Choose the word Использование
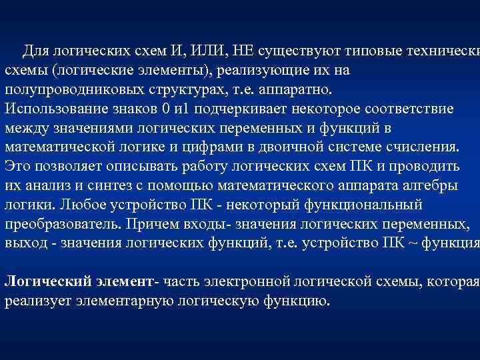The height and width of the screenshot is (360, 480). (x=55, y=108)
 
